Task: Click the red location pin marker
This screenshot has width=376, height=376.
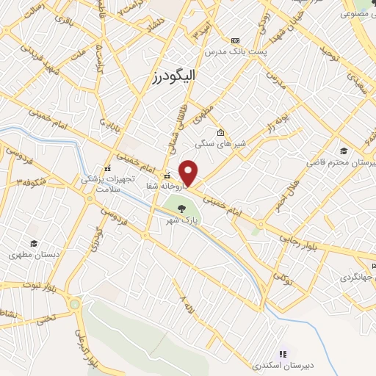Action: tap(189, 173)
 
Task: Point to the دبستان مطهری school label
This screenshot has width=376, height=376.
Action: tap(33, 255)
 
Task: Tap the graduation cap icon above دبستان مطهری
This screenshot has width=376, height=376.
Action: tap(33, 244)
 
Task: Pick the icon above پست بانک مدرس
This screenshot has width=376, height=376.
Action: tap(234, 40)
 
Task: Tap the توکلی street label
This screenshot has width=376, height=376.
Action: tap(281, 278)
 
